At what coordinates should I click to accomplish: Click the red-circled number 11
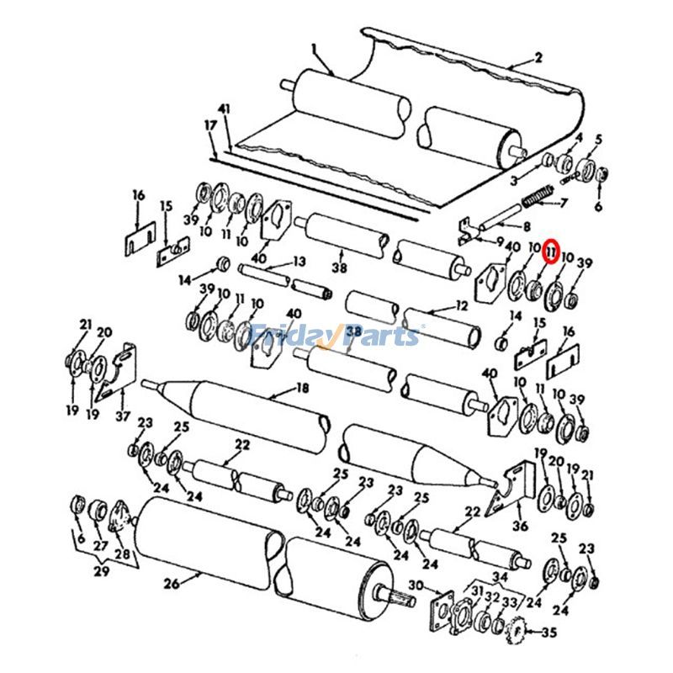(552, 251)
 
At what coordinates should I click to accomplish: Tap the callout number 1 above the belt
(312, 48)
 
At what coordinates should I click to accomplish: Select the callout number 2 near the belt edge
(538, 58)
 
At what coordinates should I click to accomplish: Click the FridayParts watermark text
(336, 336)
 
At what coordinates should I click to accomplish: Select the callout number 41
(223, 110)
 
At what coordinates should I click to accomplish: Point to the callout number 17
(209, 125)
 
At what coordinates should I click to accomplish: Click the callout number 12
(460, 305)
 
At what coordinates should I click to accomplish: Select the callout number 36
(520, 527)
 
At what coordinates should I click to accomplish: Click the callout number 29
(100, 572)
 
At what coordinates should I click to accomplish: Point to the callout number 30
(415, 586)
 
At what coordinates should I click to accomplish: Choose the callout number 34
(501, 576)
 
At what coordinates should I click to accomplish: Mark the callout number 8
(527, 225)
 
